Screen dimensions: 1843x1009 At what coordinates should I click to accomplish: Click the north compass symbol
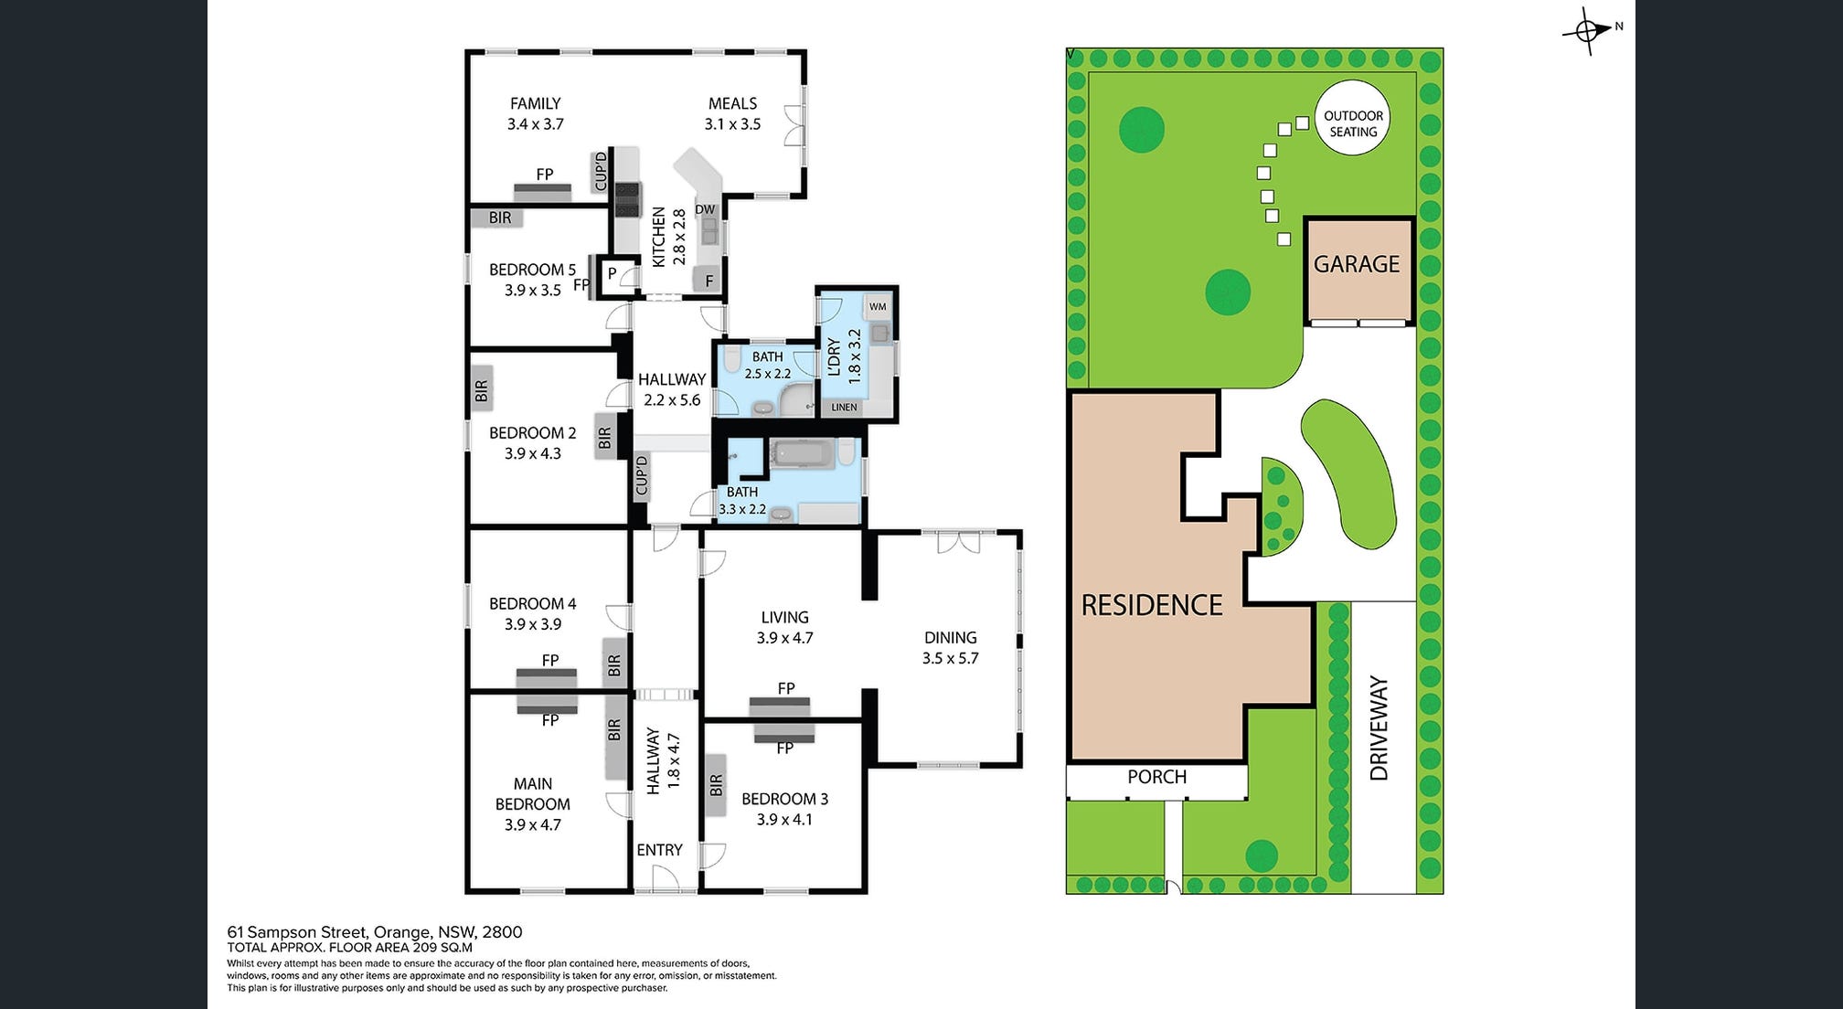click(1589, 32)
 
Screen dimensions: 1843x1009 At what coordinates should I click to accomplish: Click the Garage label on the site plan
click(1357, 264)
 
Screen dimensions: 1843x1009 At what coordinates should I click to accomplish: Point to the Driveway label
click(1380, 728)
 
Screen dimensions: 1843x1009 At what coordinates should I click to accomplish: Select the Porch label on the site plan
click(1156, 777)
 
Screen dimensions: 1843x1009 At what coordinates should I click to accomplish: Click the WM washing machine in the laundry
click(878, 307)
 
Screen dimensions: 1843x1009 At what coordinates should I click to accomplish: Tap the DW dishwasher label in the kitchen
click(705, 209)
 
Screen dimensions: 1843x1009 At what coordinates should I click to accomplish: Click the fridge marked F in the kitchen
click(708, 281)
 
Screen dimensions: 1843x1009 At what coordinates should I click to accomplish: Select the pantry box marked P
click(612, 274)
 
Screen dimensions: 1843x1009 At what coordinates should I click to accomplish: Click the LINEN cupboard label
click(844, 407)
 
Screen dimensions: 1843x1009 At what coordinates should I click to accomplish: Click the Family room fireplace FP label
click(544, 175)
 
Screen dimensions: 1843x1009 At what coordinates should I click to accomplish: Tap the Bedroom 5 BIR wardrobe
click(499, 218)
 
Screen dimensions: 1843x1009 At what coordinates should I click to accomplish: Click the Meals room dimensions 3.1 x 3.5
click(732, 124)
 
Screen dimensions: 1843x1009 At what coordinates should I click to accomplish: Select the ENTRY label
click(659, 850)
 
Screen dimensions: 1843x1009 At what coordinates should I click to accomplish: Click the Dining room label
click(950, 638)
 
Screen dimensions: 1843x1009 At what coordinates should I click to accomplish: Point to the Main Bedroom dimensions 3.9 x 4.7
click(532, 824)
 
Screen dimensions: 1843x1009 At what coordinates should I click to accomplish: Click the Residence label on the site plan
click(1152, 605)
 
